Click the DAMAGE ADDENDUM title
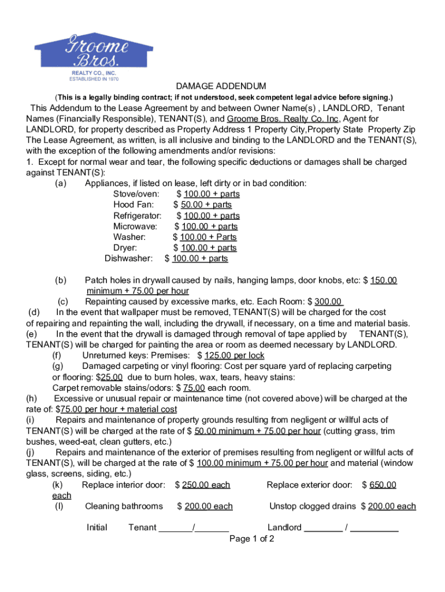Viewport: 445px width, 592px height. [221, 86]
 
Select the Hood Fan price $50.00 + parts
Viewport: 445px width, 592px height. [206, 205]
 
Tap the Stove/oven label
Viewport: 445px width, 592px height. [136, 194]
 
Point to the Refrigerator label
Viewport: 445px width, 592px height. [138, 216]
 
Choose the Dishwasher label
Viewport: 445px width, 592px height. [129, 258]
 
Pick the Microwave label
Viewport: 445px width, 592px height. [135, 226]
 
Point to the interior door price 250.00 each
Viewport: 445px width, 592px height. [207, 485]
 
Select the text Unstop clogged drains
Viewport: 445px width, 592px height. [313, 506]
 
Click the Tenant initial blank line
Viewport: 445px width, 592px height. [194, 527]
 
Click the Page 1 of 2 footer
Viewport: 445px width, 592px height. [251, 539]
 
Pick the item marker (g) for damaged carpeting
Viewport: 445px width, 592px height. [58, 366]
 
